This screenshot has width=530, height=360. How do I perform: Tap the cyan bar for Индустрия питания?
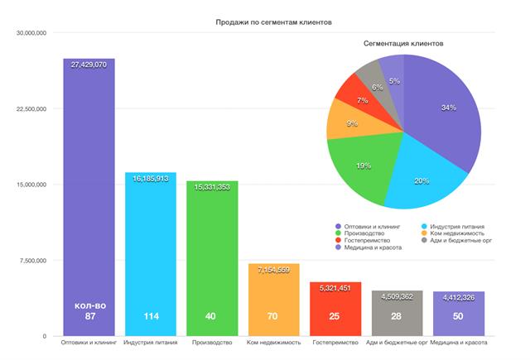point(150,248)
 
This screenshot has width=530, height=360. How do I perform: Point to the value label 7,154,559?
point(273,271)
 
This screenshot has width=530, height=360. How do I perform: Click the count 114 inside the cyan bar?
point(150,316)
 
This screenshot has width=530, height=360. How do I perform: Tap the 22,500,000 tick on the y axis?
point(31,109)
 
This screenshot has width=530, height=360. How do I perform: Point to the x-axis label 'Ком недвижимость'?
point(273,343)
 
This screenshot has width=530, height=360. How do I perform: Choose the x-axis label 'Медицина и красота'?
point(459,343)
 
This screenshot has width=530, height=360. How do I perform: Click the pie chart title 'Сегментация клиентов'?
point(403,41)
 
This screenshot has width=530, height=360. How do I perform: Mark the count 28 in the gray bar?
point(397,316)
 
